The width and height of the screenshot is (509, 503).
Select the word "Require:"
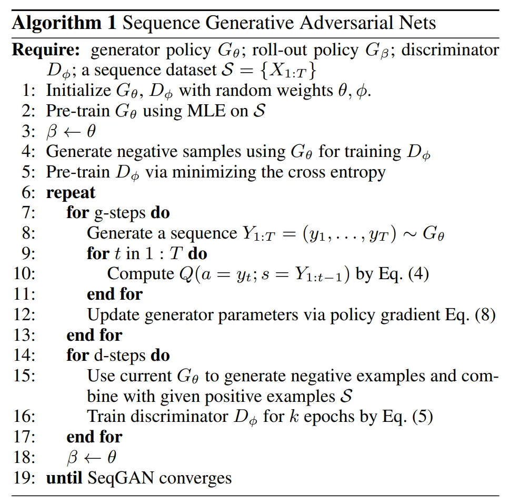(x=46, y=50)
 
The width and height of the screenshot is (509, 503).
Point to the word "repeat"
(x=71, y=192)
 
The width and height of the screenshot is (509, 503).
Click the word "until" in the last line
(x=64, y=478)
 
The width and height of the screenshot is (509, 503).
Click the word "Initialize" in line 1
(x=78, y=91)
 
